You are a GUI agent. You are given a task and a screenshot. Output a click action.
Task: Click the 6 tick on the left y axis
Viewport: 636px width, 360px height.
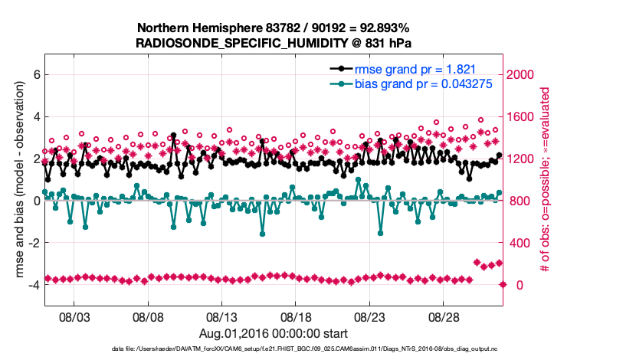[36, 75]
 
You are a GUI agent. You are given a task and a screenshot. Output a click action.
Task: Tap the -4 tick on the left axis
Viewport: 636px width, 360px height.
[34, 285]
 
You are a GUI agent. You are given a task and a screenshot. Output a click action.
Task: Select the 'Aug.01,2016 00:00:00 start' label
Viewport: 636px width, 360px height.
[274, 333]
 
